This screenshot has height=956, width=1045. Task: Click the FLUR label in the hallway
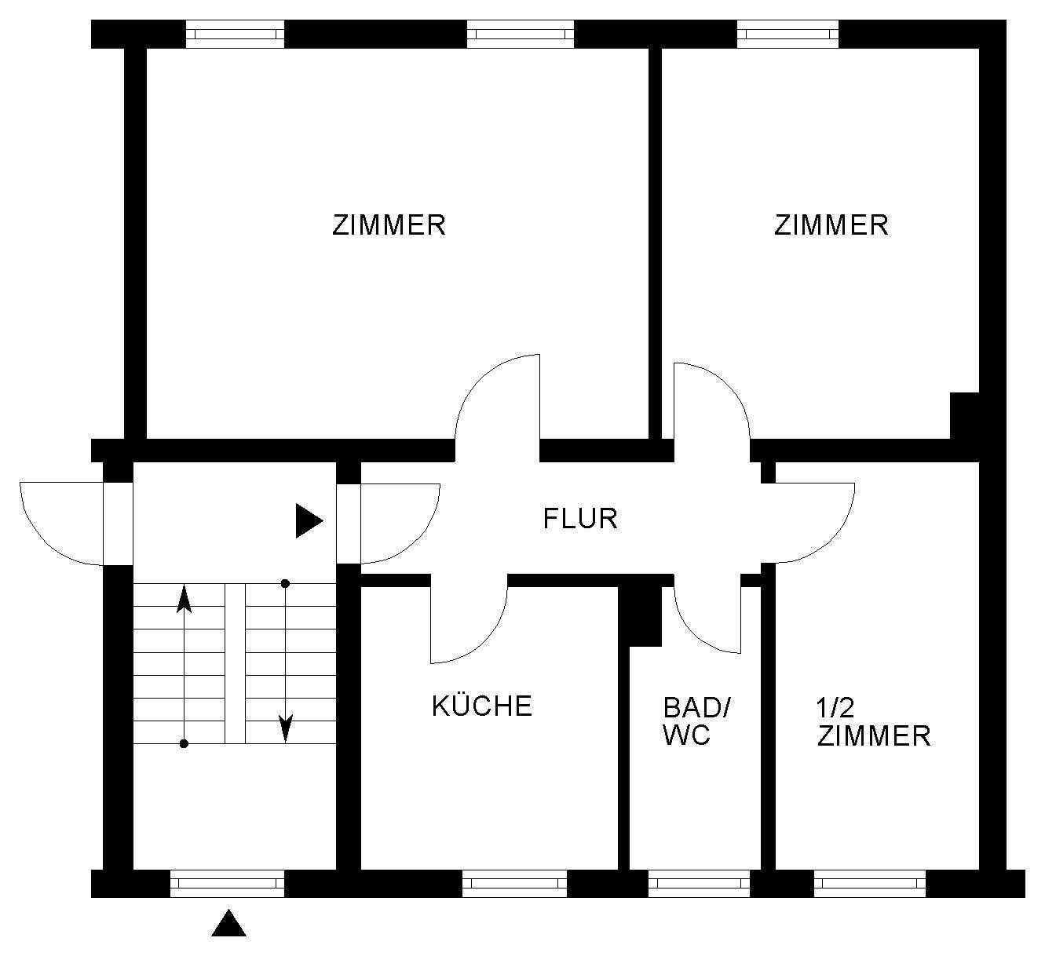pos(580,519)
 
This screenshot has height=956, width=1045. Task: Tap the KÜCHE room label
pos(482,706)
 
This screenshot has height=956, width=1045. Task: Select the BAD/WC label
pos(696,721)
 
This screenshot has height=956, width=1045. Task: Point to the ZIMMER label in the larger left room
pos(389,225)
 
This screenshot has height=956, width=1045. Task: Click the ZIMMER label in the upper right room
pos(831,225)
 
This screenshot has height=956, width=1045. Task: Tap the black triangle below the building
pos(228,924)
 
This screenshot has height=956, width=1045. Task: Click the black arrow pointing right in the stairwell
pos(308,521)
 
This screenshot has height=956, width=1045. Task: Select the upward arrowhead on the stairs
pos(184,598)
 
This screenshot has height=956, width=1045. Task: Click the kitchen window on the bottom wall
pos(514,884)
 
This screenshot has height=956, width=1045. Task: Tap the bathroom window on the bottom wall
pos(699,884)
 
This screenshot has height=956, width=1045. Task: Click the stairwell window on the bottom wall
pos(227,884)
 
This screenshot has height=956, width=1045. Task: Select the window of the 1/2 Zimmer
pos(870,884)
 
